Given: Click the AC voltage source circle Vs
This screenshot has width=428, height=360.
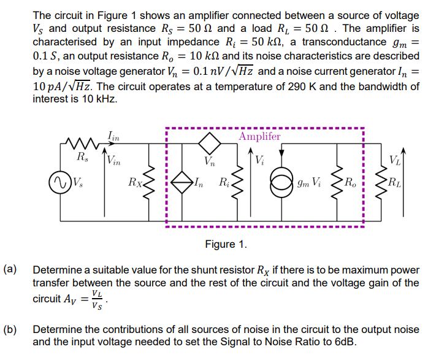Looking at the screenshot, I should tap(60, 182).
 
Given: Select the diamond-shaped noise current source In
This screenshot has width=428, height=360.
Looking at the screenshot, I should tap(182, 182).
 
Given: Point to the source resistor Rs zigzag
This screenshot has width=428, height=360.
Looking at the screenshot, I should tap(80, 145).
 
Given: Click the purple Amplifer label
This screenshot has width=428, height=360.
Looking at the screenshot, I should tap(259, 136).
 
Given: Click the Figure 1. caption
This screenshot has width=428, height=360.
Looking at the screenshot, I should tap(226, 245).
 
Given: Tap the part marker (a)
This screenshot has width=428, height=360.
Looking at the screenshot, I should tap(10, 269).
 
